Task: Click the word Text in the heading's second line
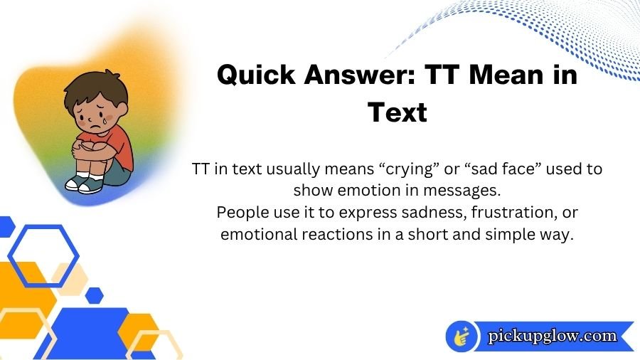tap(398, 112)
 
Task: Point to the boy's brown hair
tap(92, 89)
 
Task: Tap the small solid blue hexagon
tap(94, 295)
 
